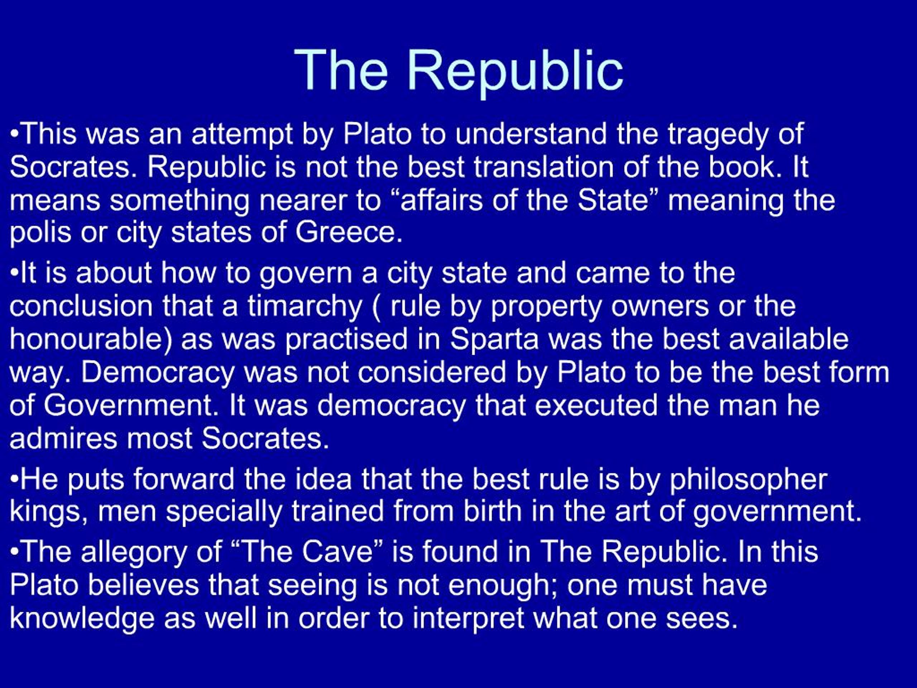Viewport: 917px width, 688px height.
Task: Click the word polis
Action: click(40, 232)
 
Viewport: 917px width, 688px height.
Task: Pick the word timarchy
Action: click(305, 307)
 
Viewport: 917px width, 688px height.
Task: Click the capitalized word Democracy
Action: click(158, 372)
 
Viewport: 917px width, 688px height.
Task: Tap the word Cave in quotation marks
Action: click(337, 551)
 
